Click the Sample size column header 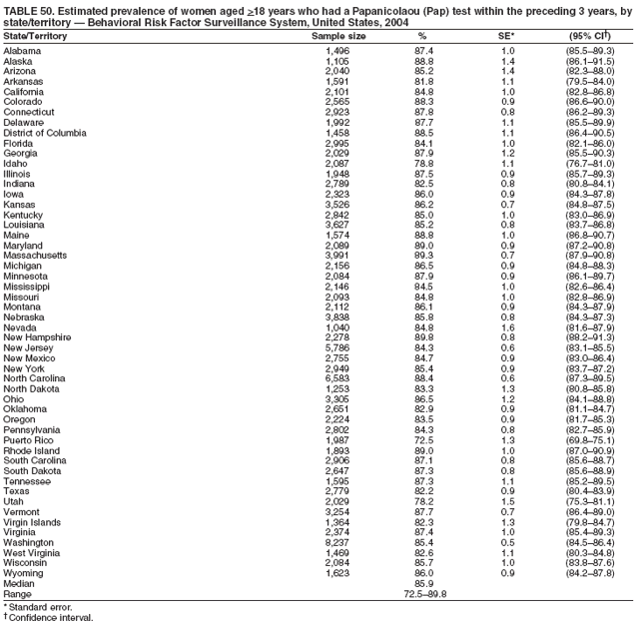[338, 35]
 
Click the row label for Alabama [23, 49]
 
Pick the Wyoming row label [23, 574]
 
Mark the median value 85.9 [422, 583]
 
